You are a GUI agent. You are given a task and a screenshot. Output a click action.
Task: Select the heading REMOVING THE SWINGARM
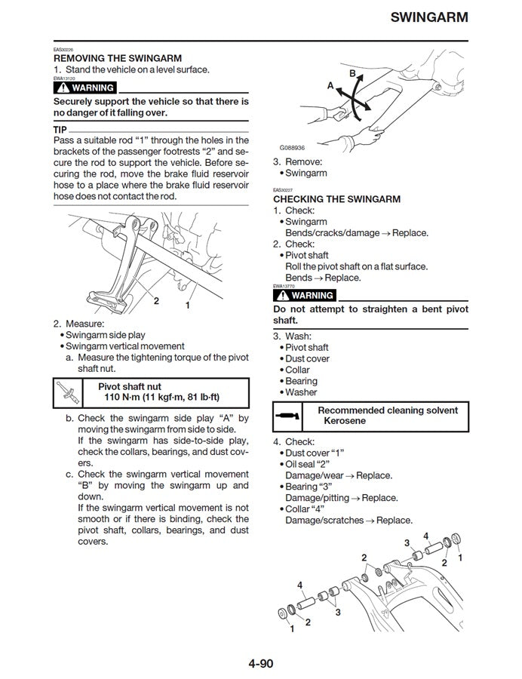coord(117,58)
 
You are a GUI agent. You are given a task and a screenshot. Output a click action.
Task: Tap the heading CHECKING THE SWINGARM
coord(336,199)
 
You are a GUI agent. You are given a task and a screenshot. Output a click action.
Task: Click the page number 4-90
coord(261,664)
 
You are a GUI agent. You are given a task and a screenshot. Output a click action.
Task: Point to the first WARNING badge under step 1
coord(84,88)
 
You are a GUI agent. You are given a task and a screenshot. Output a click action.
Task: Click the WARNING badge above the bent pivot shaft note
coord(304,296)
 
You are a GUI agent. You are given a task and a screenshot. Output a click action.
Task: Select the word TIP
coord(61,129)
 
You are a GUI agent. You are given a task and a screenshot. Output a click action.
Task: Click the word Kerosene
coord(345,420)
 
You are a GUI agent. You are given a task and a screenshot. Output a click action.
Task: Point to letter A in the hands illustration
coord(330,86)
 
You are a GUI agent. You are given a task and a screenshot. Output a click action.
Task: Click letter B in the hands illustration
coord(352,72)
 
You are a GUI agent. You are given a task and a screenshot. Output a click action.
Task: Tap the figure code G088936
coord(292,148)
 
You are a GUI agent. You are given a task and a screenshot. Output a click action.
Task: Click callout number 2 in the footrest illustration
coord(156,300)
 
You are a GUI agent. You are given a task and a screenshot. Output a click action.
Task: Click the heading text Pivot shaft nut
coord(134,386)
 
